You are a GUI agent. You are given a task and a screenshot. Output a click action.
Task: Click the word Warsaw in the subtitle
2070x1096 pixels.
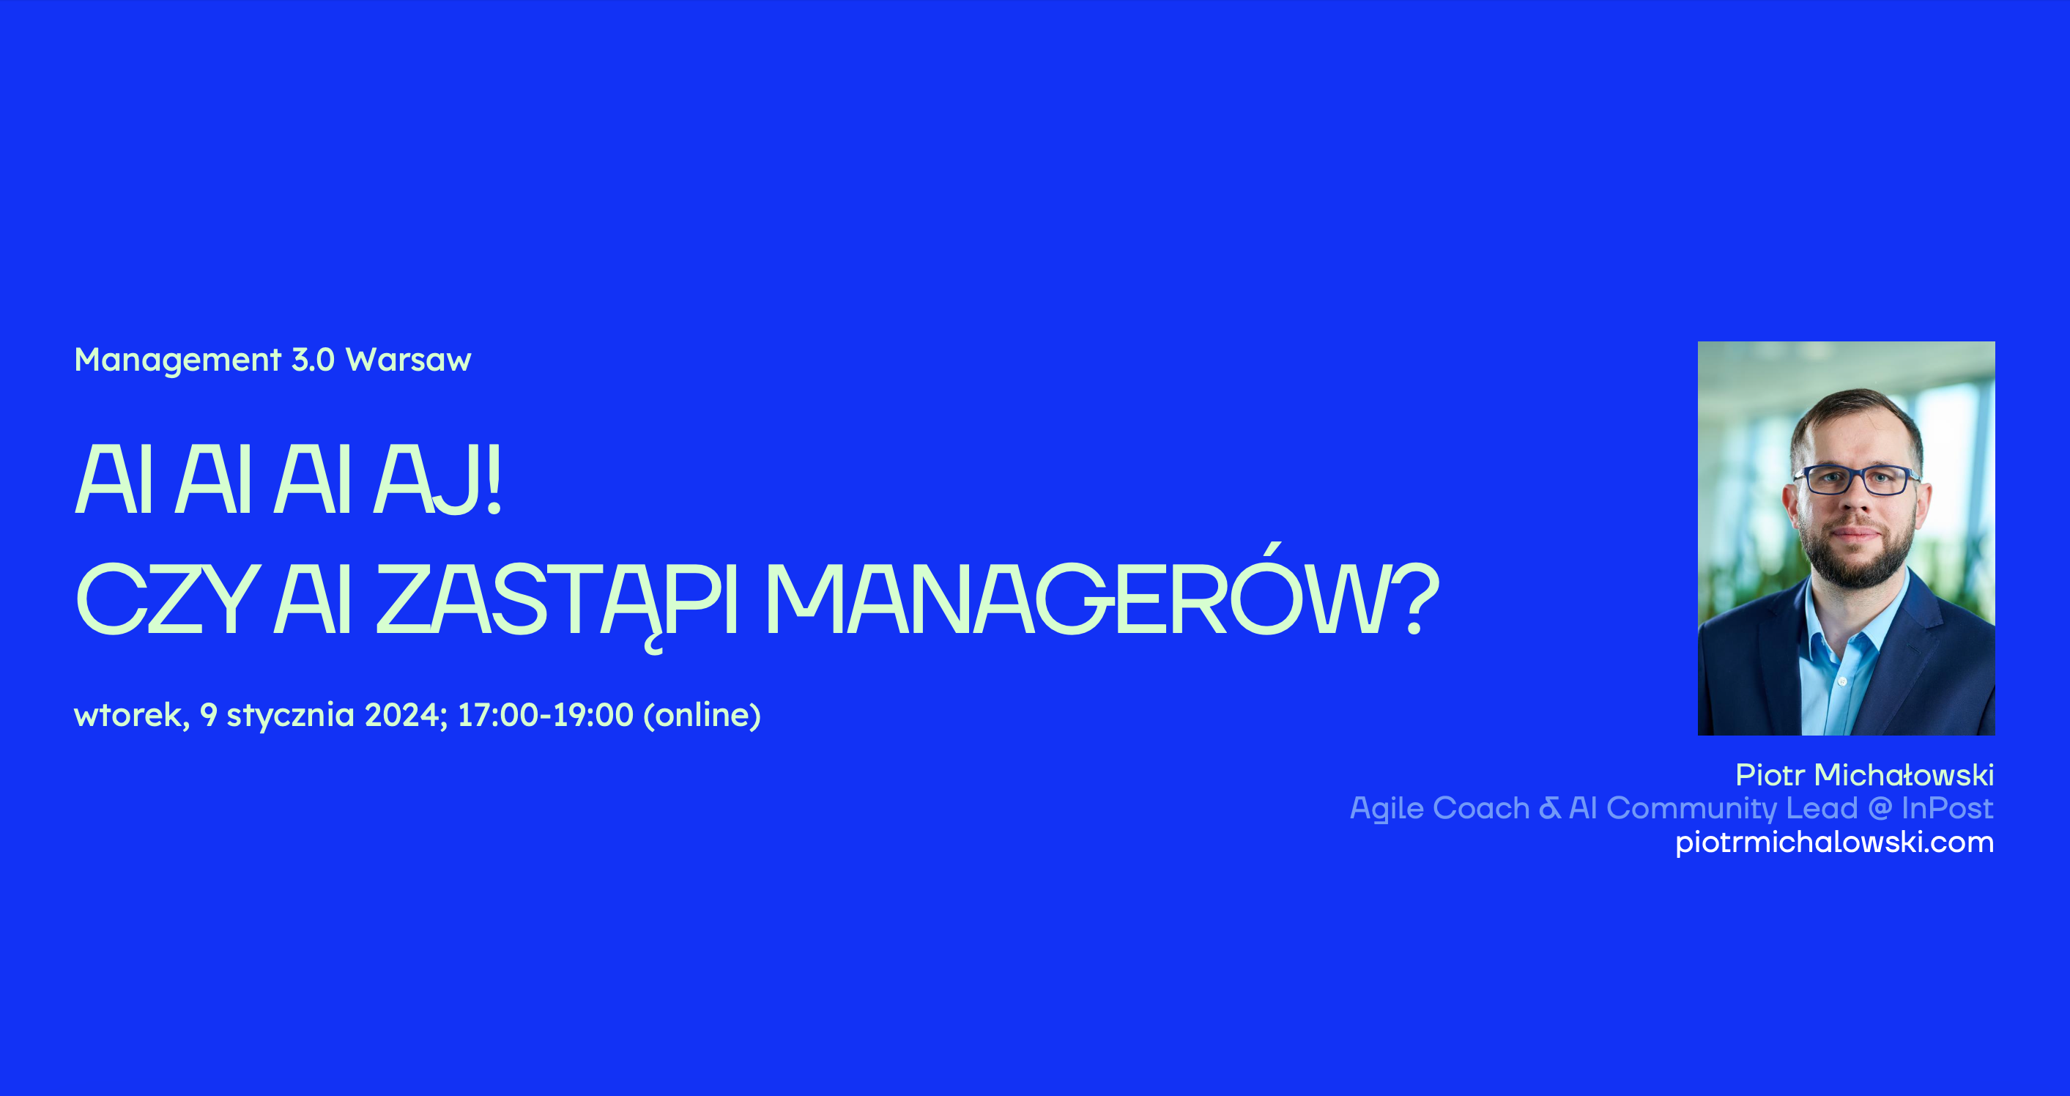(x=408, y=360)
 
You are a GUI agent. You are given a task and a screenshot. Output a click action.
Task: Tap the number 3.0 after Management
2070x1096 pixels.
(x=313, y=360)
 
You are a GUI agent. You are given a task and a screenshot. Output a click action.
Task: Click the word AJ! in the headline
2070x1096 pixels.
(x=438, y=479)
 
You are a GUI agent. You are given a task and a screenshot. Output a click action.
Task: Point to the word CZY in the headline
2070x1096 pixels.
(x=167, y=599)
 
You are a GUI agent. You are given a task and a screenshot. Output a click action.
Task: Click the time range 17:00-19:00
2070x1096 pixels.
(x=546, y=714)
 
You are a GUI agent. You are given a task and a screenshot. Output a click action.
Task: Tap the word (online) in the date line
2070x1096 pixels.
(x=702, y=715)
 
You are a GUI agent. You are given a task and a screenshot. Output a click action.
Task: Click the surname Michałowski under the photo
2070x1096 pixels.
(x=1904, y=775)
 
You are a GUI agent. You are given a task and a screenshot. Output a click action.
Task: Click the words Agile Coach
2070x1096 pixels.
(x=1440, y=808)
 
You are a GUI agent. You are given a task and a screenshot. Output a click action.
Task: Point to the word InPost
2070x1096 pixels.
(x=1948, y=808)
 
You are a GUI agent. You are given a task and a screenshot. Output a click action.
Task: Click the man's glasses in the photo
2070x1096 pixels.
(x=1856, y=481)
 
